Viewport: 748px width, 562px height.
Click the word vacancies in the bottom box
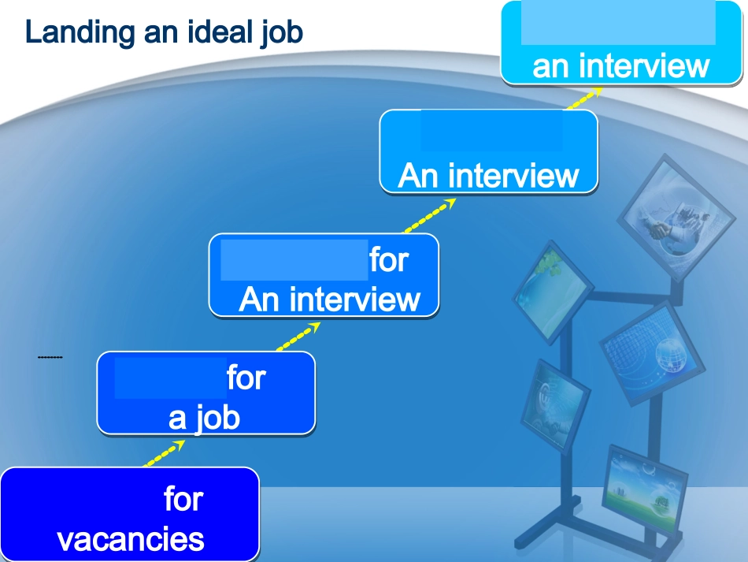[x=131, y=540]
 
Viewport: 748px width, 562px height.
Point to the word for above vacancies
[x=183, y=499]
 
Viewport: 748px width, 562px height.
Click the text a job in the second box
[x=204, y=417]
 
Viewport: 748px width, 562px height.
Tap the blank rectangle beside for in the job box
[x=170, y=378]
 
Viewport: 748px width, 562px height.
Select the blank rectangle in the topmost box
[x=618, y=23]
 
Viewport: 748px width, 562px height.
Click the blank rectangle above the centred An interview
[x=491, y=131]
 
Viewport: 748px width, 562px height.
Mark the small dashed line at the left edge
[x=50, y=359]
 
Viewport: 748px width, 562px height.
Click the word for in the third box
[x=389, y=259]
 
